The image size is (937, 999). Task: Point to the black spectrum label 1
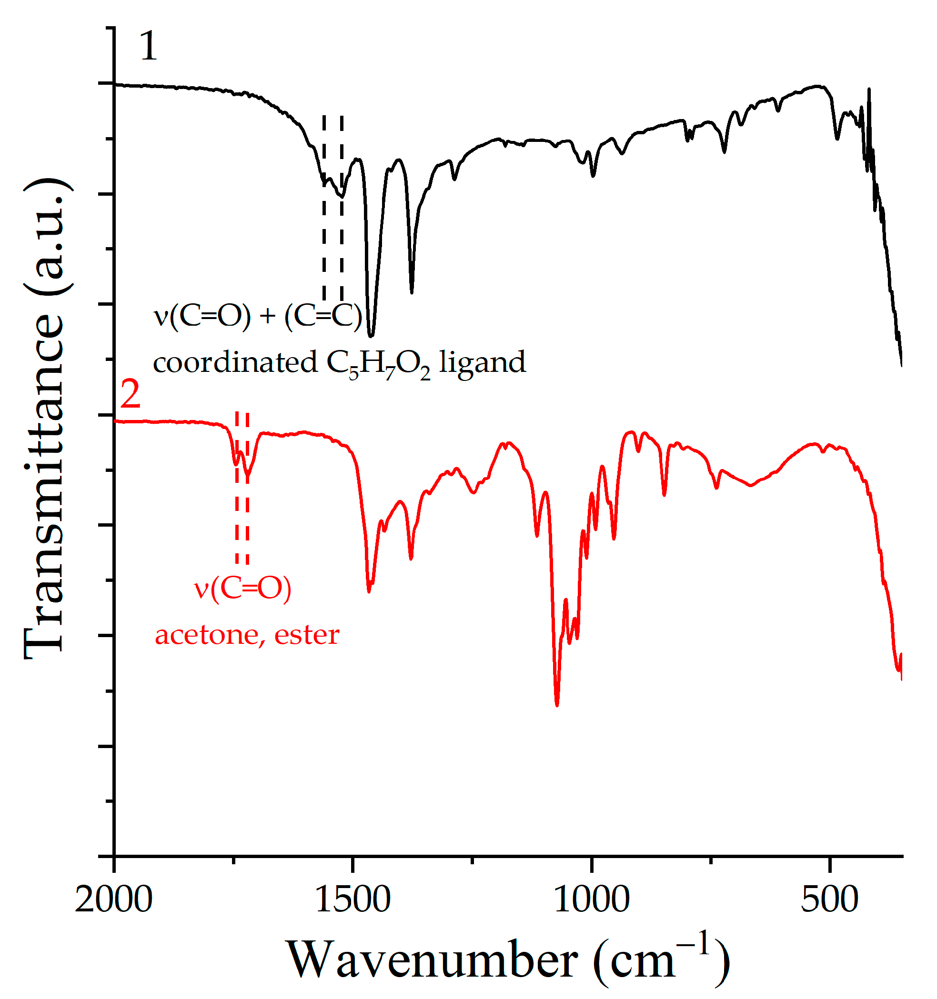[x=148, y=46]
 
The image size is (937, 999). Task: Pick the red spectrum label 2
[x=130, y=395]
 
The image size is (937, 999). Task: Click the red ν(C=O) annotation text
[x=243, y=588]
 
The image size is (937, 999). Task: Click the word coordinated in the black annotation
[x=235, y=362]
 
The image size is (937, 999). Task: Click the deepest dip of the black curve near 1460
[x=371, y=335]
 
